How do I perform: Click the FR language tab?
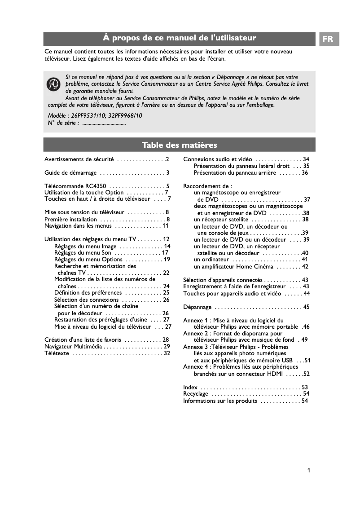coord(328,39)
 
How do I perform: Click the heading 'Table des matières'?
coord(179,145)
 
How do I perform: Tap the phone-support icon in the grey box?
coord(54,84)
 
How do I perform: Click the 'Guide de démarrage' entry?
coord(70,172)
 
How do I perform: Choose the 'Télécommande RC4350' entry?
coord(75,186)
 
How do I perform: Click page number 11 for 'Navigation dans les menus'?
coord(166,225)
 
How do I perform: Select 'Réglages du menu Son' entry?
coord(83,253)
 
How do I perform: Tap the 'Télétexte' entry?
coord(57,353)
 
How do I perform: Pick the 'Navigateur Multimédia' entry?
coord(73,347)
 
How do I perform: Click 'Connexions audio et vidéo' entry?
coord(218,159)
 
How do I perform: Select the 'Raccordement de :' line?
coord(207,186)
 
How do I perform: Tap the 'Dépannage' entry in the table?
coord(197,307)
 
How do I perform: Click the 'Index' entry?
coord(190,387)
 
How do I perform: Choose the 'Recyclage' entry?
coord(196,394)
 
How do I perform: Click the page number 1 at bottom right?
coord(308,471)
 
